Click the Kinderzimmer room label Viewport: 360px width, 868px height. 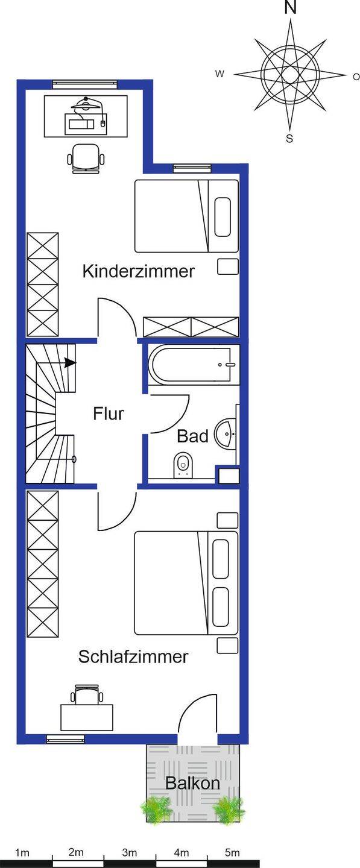coord(138,271)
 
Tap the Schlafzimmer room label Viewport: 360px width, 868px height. coord(133,656)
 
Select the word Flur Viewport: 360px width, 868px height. coord(108,414)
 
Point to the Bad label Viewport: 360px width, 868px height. coord(192,436)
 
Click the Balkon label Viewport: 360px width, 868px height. coord(192,783)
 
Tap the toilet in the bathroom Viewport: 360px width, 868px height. coord(183,464)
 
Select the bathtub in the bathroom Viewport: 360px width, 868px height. coord(194,365)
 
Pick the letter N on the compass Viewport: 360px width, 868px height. coord(290,8)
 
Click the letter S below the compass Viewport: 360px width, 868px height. coord(289,139)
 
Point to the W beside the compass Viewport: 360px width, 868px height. coord(219,74)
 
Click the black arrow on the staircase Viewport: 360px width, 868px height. coord(70,363)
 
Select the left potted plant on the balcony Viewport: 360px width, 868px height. coord(157,808)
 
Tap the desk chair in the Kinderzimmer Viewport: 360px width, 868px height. coord(86,158)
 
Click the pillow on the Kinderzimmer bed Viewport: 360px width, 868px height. coord(223,217)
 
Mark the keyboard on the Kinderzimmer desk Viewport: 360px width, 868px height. coord(81,124)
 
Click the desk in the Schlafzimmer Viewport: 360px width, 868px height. coord(87,718)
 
